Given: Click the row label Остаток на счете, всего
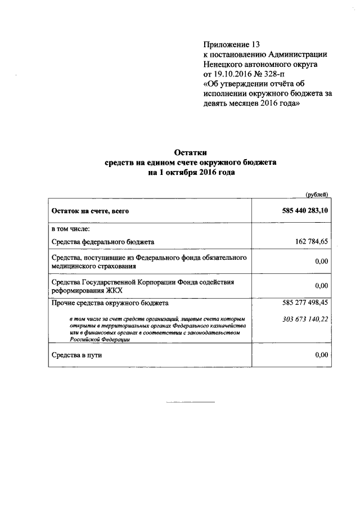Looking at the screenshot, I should tap(90, 211).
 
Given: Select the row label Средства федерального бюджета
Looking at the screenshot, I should tap(102, 242).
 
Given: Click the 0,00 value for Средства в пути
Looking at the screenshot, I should tap(321, 355).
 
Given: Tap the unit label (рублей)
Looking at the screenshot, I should tap(317, 194).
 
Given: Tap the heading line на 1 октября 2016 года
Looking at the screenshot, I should tap(191, 173).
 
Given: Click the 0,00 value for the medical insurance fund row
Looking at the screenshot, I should tap(321, 262).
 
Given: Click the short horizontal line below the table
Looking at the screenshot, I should tap(191, 402).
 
